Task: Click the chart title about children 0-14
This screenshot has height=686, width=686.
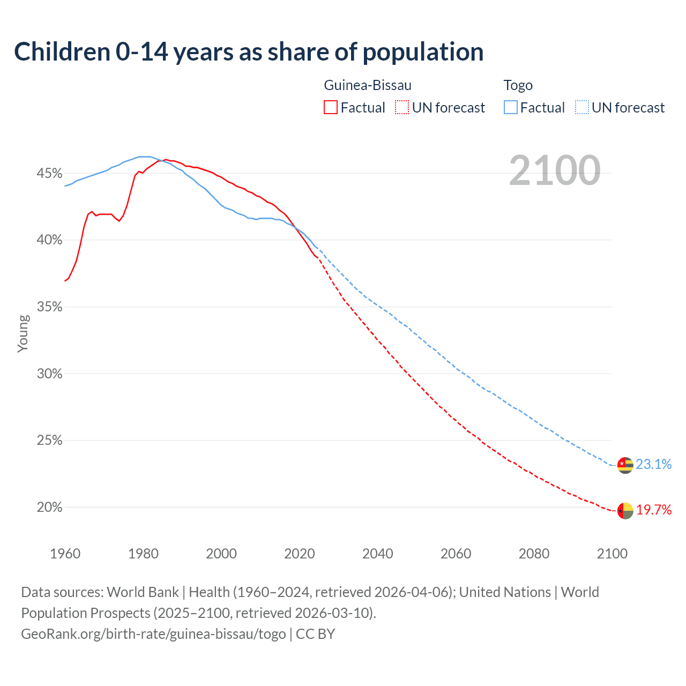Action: pyautogui.click(x=249, y=52)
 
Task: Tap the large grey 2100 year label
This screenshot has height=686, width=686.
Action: pyautogui.click(x=555, y=170)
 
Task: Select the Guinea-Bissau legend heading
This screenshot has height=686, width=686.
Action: pyautogui.click(x=368, y=85)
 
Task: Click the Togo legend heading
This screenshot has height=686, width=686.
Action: pyautogui.click(x=518, y=85)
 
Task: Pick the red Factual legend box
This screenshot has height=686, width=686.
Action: pyautogui.click(x=331, y=108)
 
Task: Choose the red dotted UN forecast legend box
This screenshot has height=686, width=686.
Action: pyautogui.click(x=402, y=108)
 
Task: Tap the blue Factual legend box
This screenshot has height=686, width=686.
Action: pyautogui.click(x=511, y=108)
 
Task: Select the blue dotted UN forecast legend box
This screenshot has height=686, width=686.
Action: pyautogui.click(x=582, y=108)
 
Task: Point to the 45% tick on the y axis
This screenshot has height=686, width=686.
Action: pyautogui.click(x=49, y=174)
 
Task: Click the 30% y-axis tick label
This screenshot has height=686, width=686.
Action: pyautogui.click(x=49, y=374)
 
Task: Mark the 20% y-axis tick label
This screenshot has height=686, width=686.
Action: pyautogui.click(x=49, y=508)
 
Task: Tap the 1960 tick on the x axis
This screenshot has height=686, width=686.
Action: pyautogui.click(x=65, y=554)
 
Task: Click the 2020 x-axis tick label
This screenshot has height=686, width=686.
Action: pyautogui.click(x=300, y=554)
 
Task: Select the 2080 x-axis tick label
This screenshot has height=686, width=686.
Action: pyautogui.click(x=534, y=554)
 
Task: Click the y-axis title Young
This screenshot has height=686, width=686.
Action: pyautogui.click(x=23, y=333)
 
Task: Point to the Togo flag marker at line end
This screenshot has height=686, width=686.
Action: pyautogui.click(x=625, y=465)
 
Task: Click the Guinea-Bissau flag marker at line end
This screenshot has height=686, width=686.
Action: pyautogui.click(x=625, y=511)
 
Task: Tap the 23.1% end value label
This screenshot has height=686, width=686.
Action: pyautogui.click(x=653, y=465)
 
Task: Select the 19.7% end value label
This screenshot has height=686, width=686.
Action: pyautogui.click(x=653, y=510)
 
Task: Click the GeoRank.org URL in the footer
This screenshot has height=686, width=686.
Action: pyautogui.click(x=153, y=634)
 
